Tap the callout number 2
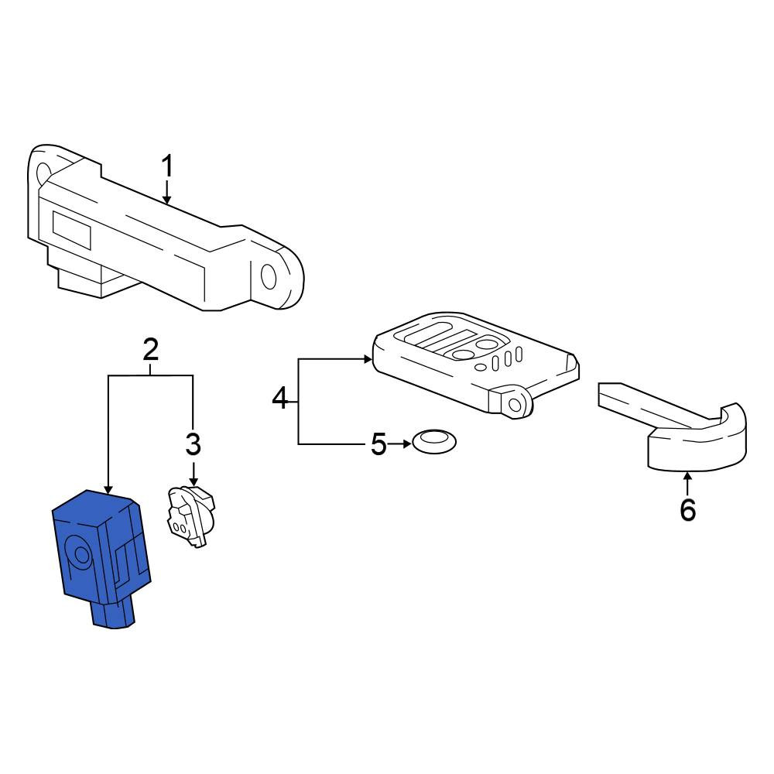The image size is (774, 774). point(151,350)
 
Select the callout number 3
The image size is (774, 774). point(193,444)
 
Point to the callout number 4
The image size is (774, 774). point(280,398)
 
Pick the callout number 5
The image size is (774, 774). point(378,444)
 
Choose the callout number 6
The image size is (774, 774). point(687,510)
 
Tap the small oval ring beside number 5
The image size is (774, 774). point(434,441)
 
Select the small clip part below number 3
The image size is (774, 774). point(191,515)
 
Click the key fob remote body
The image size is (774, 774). point(475,365)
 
